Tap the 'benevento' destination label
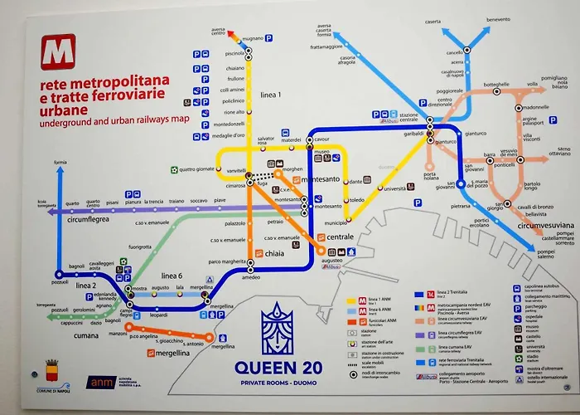tap(498, 19)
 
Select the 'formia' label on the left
tap(60, 163)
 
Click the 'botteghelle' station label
tap(496, 85)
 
